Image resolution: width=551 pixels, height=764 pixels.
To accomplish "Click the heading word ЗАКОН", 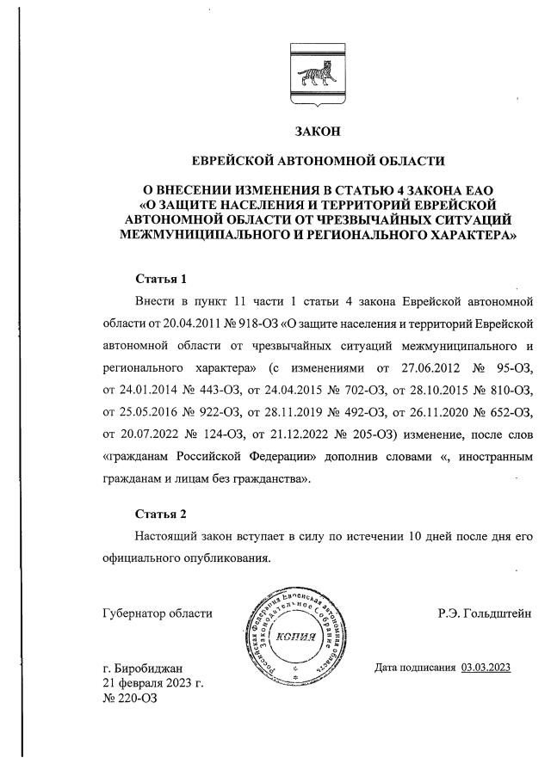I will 318,132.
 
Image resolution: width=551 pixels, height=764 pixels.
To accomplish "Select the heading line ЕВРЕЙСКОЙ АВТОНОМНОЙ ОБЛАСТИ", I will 318,160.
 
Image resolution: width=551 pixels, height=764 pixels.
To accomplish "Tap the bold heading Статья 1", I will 161,279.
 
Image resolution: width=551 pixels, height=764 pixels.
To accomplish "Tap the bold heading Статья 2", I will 161,514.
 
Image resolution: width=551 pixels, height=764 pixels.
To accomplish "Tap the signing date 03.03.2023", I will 486,667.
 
